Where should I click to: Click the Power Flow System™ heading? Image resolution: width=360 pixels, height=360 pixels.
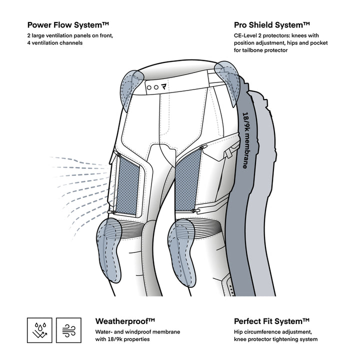68,24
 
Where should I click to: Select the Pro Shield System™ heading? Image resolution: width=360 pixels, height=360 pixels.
272,24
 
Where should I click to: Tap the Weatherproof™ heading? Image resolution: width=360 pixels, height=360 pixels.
124,321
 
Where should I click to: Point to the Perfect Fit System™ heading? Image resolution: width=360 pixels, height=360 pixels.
272,321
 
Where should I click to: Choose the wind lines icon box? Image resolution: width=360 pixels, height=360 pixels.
69,329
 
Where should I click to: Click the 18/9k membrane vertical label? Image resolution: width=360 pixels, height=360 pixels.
247,139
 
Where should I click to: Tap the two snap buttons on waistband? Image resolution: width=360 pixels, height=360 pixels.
152,86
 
